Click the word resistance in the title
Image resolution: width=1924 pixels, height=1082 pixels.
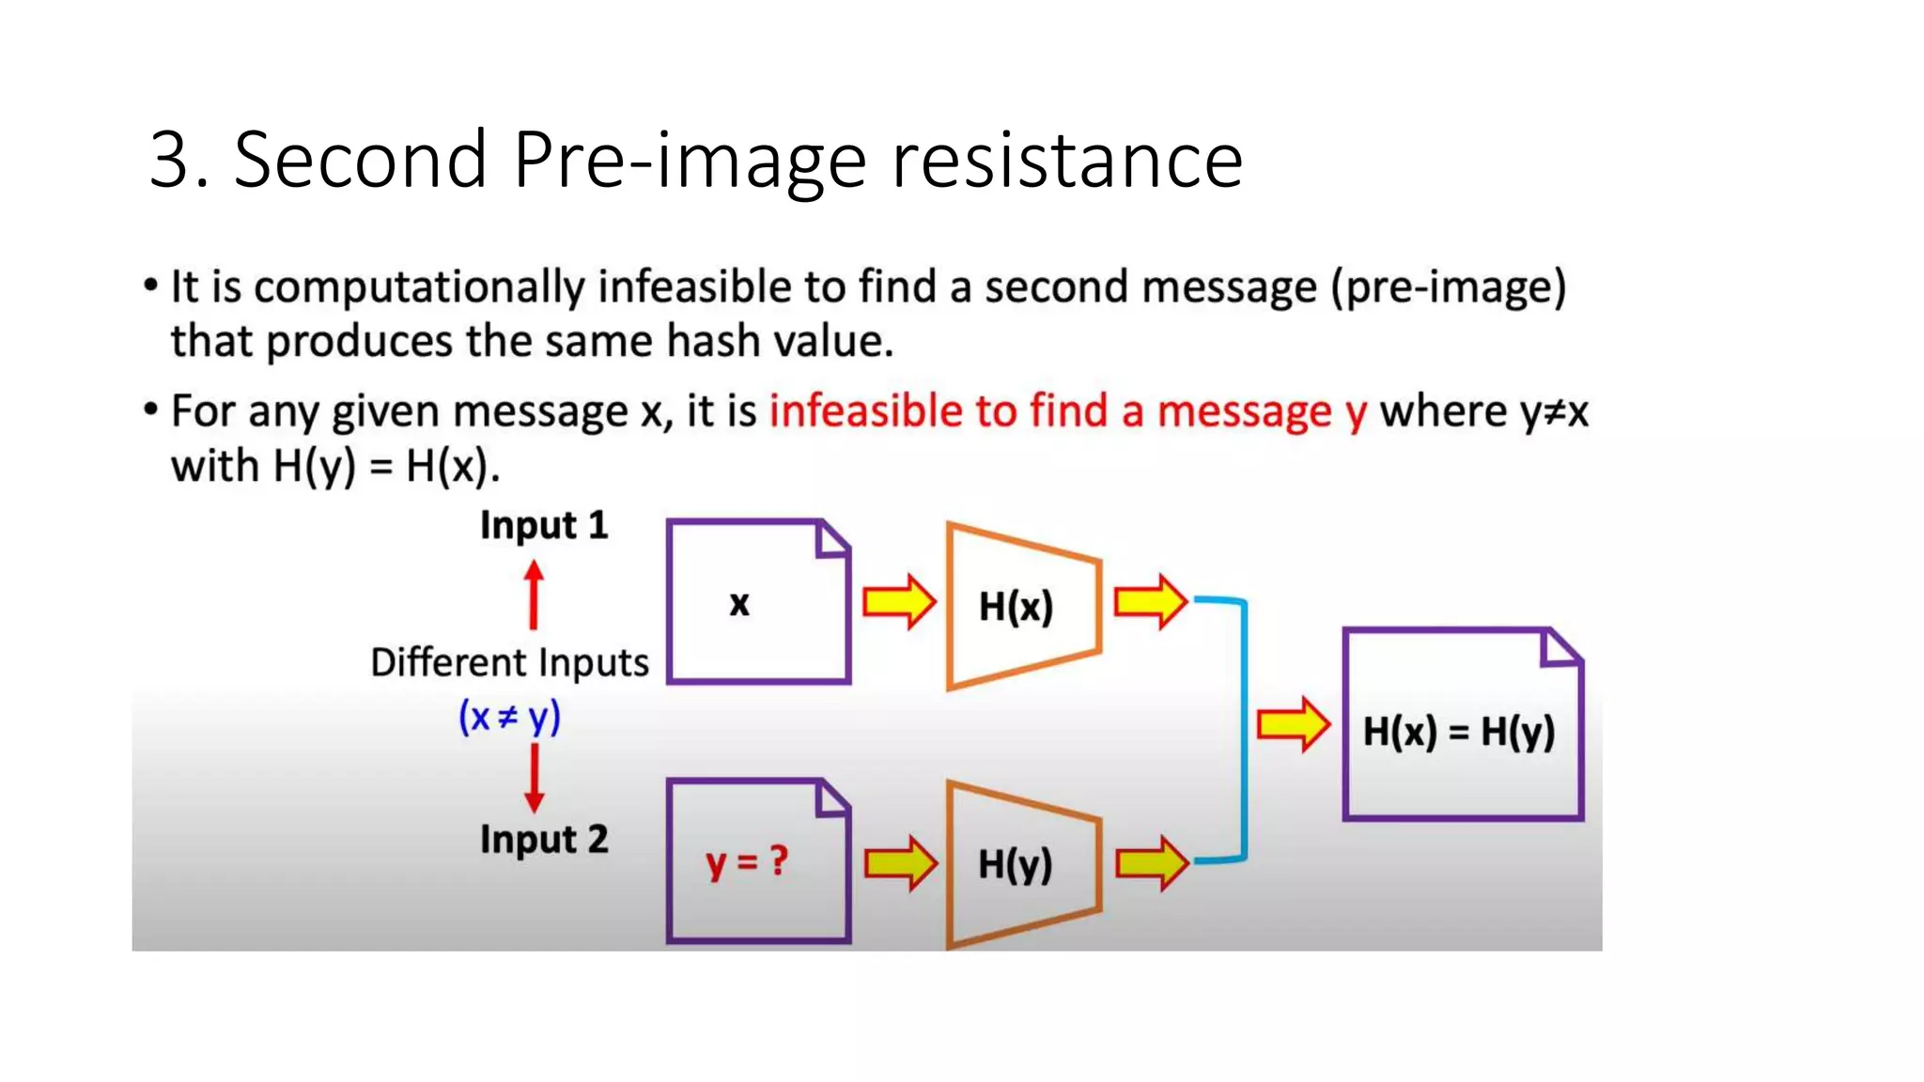(x=1066, y=160)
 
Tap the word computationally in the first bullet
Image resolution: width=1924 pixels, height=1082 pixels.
(x=419, y=287)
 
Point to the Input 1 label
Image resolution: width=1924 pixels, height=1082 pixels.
(x=544, y=525)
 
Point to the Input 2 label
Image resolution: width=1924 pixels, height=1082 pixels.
(x=544, y=839)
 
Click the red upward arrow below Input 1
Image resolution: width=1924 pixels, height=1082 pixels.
(x=534, y=595)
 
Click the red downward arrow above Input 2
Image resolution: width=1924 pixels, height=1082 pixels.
(x=534, y=778)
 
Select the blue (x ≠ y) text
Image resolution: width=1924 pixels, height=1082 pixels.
(x=509, y=718)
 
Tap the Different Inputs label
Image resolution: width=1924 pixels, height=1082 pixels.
(x=509, y=663)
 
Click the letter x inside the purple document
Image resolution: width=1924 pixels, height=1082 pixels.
(x=739, y=604)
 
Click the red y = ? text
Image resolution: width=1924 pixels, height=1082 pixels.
(x=747, y=861)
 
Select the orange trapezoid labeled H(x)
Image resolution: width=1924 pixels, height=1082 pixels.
(x=1022, y=606)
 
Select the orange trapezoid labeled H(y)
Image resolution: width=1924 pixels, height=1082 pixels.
(x=1022, y=864)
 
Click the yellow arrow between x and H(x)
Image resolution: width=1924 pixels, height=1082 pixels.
(x=899, y=601)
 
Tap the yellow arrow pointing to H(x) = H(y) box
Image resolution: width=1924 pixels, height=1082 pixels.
(x=1293, y=724)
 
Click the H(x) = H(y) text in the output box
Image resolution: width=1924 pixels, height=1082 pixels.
(x=1459, y=732)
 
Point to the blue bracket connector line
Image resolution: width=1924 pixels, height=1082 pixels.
(x=1244, y=729)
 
